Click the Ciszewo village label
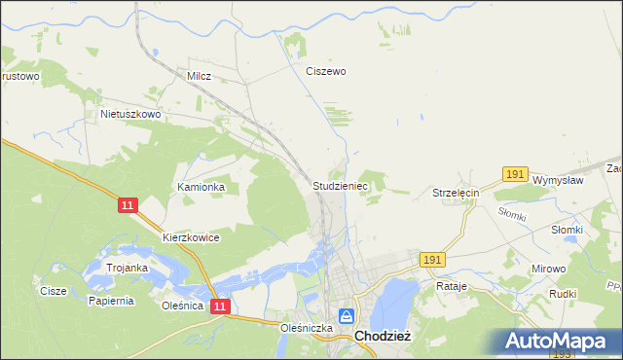(x=326, y=71)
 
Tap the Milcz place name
(x=199, y=75)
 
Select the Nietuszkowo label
(x=130, y=114)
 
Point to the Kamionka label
(x=201, y=186)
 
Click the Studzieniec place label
(x=340, y=184)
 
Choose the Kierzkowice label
(x=191, y=237)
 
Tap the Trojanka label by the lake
(x=128, y=268)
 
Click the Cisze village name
(x=53, y=291)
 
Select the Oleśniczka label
(x=307, y=329)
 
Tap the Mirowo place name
(x=548, y=267)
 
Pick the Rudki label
(x=564, y=294)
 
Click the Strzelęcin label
(x=457, y=194)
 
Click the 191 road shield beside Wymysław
(x=516, y=174)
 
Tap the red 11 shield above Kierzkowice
(x=128, y=205)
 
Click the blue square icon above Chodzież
(x=346, y=316)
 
